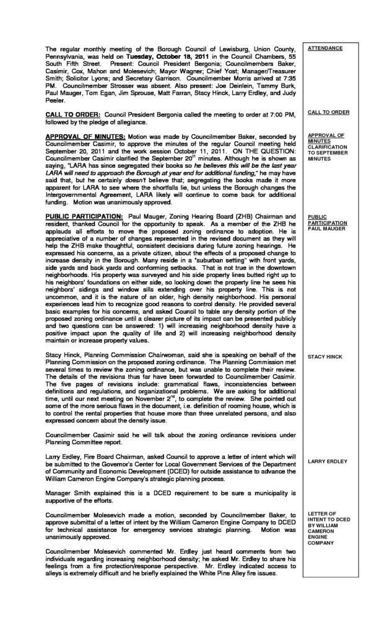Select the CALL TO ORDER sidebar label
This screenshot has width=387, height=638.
point(328,112)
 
